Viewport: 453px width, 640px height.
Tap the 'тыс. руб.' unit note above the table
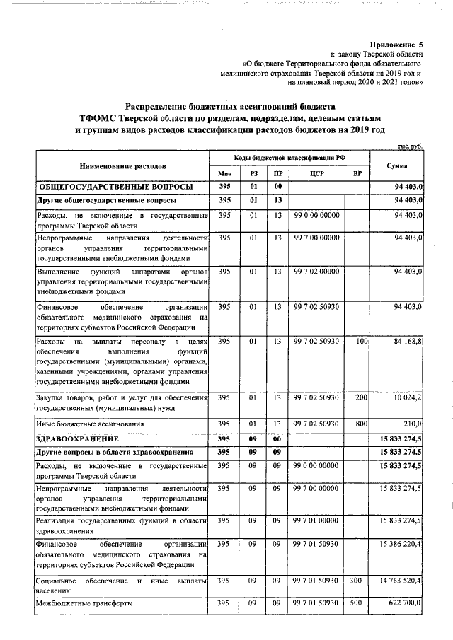(x=409, y=146)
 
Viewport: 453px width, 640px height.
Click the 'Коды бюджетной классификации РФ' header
(x=291, y=158)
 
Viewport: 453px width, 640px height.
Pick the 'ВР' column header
(x=357, y=173)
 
